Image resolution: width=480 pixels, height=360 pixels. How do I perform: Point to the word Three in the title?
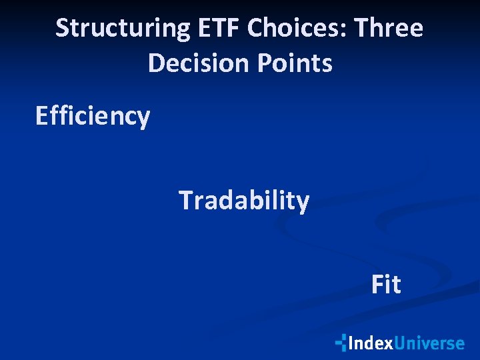[389, 29]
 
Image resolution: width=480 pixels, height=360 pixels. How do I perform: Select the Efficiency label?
[93, 117]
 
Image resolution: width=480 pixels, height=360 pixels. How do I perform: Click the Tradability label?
[243, 201]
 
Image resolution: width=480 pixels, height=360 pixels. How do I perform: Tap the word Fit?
[386, 285]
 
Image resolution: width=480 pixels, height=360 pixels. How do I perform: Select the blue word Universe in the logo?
[429, 343]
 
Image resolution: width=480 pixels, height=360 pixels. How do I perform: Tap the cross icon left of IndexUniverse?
[341, 343]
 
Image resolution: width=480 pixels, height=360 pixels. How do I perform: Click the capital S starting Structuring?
[62, 29]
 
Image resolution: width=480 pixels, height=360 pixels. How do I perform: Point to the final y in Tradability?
[303, 203]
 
